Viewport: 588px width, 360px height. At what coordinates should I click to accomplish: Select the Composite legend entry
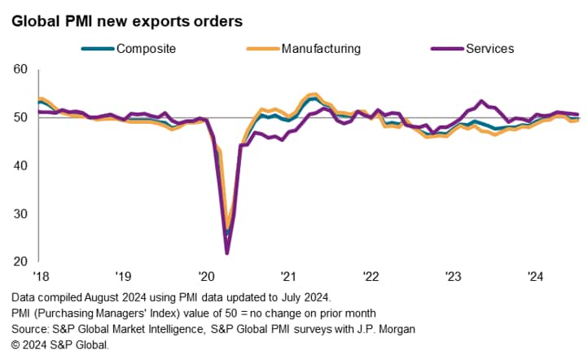coord(147,49)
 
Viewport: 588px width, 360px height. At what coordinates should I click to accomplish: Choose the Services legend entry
coord(489,49)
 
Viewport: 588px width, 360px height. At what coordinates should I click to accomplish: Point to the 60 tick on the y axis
coord(22,70)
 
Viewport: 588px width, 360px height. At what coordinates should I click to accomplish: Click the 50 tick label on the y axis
coord(22,118)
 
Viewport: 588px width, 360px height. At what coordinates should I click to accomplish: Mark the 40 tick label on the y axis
coord(22,166)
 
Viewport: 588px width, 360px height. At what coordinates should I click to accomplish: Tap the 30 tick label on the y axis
coord(22,214)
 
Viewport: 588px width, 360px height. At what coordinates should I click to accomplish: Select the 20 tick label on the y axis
coord(22,262)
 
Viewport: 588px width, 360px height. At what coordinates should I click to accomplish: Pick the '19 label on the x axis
coord(123,275)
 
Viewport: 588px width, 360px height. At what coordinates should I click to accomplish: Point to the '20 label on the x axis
coord(205,275)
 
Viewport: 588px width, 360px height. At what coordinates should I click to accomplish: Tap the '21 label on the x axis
coord(287,275)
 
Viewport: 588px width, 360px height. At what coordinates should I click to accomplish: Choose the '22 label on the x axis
coord(370,275)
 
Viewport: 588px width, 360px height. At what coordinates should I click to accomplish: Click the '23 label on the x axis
coord(452,275)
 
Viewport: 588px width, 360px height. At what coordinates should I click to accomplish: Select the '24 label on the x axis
coord(534,275)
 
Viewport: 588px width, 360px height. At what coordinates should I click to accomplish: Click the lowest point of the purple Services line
coord(226,253)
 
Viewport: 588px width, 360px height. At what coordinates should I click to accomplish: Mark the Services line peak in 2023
coord(481,101)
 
